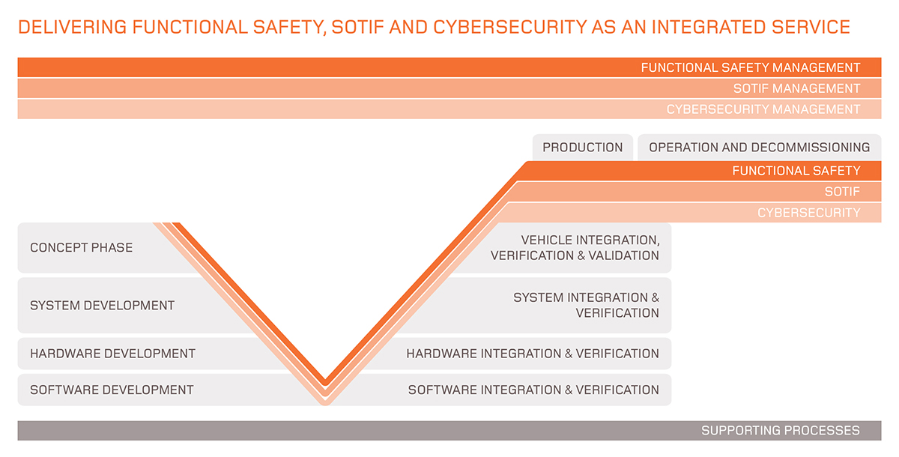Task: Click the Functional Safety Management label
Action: (750, 67)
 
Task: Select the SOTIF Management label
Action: (796, 88)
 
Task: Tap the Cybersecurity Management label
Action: (763, 109)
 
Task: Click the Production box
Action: (583, 148)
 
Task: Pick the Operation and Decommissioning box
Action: (759, 148)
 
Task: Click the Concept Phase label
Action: (81, 247)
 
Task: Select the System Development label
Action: (102, 306)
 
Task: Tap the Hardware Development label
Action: (112, 354)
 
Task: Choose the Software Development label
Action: (112, 390)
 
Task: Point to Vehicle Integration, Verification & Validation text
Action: (575, 248)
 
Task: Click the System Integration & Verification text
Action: (586, 305)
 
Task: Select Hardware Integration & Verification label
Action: (533, 354)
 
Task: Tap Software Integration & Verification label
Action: (533, 390)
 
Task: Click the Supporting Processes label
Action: (780, 431)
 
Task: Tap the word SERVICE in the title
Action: (813, 28)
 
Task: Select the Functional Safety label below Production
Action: (796, 171)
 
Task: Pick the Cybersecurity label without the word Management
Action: (808, 213)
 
